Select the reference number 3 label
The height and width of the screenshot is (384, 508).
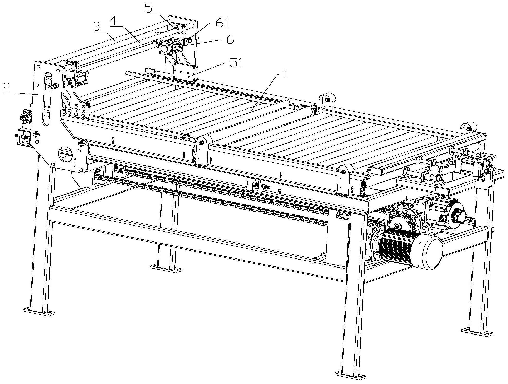97,27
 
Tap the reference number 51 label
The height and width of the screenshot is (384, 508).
236,63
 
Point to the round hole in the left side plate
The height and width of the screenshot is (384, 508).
66,155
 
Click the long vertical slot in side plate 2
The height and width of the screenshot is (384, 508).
47,99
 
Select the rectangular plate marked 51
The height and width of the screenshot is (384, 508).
185,72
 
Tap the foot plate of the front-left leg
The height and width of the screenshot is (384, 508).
39,312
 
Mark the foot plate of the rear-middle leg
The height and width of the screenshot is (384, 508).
166,268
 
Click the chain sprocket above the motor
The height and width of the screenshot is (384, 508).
399,224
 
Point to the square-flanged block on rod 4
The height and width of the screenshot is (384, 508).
164,48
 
